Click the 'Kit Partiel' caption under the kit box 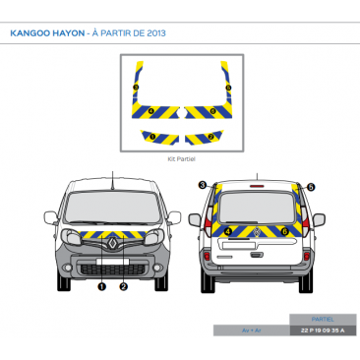click(x=181, y=157)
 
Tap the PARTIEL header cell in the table click(x=321, y=320)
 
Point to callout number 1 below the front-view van click(x=101, y=287)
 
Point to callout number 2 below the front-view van click(x=124, y=287)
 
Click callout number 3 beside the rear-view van click(x=202, y=185)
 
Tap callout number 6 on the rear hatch click(x=284, y=232)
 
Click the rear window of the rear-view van click(x=257, y=207)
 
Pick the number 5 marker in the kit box click(x=227, y=89)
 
